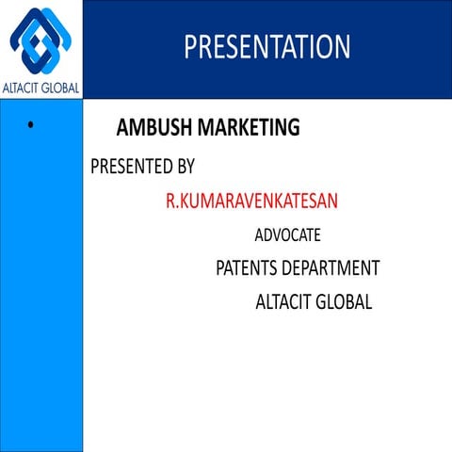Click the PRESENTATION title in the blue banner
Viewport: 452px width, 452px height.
click(266, 47)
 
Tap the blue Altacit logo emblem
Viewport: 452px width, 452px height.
click(41, 41)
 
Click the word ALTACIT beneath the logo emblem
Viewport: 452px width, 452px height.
click(23, 89)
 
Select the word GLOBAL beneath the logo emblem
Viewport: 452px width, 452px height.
click(61, 89)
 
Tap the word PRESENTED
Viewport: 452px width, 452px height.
click(132, 168)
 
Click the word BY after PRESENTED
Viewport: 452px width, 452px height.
click(186, 168)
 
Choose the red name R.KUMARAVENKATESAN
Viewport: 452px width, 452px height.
click(251, 201)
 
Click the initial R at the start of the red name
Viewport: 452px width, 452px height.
click(170, 201)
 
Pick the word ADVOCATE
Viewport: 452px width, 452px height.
click(287, 235)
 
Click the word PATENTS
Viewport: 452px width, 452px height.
click(249, 268)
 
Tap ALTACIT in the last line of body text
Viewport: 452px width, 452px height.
click(283, 303)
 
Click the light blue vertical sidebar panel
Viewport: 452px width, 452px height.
click(41, 282)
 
